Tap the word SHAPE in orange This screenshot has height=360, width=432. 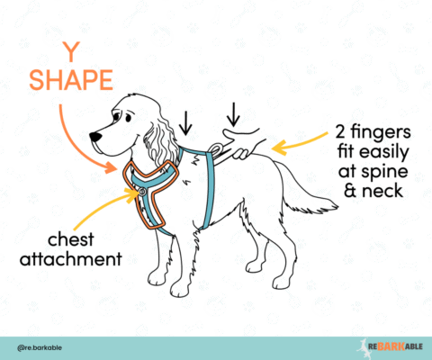pos(66,80)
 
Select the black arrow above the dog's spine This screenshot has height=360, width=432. pos(232,113)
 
